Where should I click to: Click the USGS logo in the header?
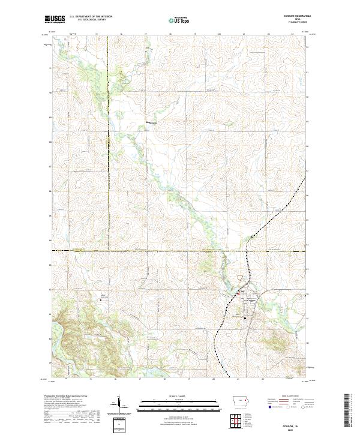pyautogui.click(x=55, y=19)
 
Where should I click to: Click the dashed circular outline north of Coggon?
pyautogui.click(x=242, y=278)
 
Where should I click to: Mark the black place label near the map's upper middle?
pyautogui.click(x=152, y=123)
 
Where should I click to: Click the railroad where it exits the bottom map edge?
pyautogui.click(x=229, y=377)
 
